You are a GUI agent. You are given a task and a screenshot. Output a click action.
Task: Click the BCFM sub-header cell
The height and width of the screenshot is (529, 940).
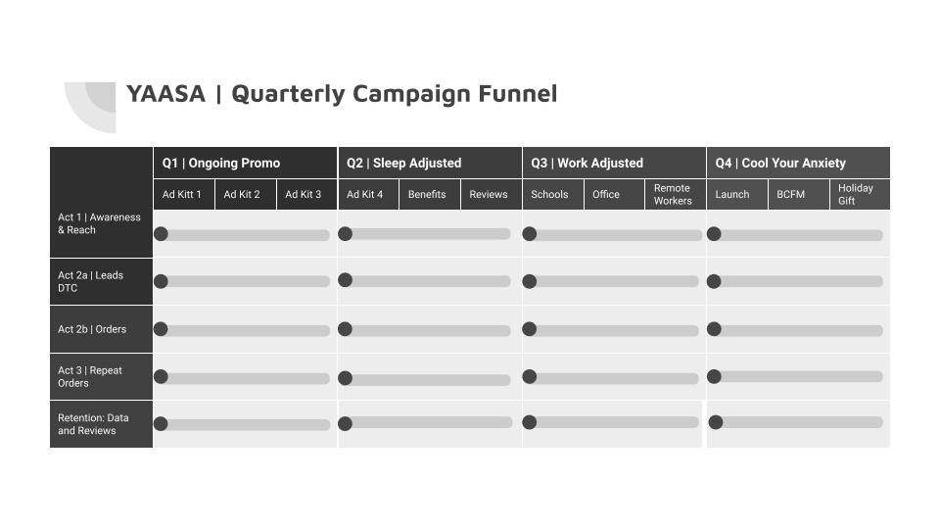point(798,194)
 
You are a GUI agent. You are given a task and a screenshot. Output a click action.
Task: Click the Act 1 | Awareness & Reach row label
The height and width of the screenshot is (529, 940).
point(99,223)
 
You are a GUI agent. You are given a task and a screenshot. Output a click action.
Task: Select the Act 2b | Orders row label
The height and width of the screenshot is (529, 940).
point(92,329)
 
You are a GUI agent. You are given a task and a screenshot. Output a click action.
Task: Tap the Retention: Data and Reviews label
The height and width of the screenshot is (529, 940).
point(93,424)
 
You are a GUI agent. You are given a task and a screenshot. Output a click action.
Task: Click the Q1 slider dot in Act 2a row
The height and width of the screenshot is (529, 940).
point(161,281)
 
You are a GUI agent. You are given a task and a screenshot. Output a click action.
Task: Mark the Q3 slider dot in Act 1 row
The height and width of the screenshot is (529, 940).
point(530,234)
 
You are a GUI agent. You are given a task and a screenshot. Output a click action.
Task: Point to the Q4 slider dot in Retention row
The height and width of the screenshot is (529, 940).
point(715,422)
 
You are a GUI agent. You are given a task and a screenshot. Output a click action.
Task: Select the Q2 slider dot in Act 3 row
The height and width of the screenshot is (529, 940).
point(346,378)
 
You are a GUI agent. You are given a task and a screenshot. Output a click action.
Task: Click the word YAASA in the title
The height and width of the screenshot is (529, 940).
point(166,94)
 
